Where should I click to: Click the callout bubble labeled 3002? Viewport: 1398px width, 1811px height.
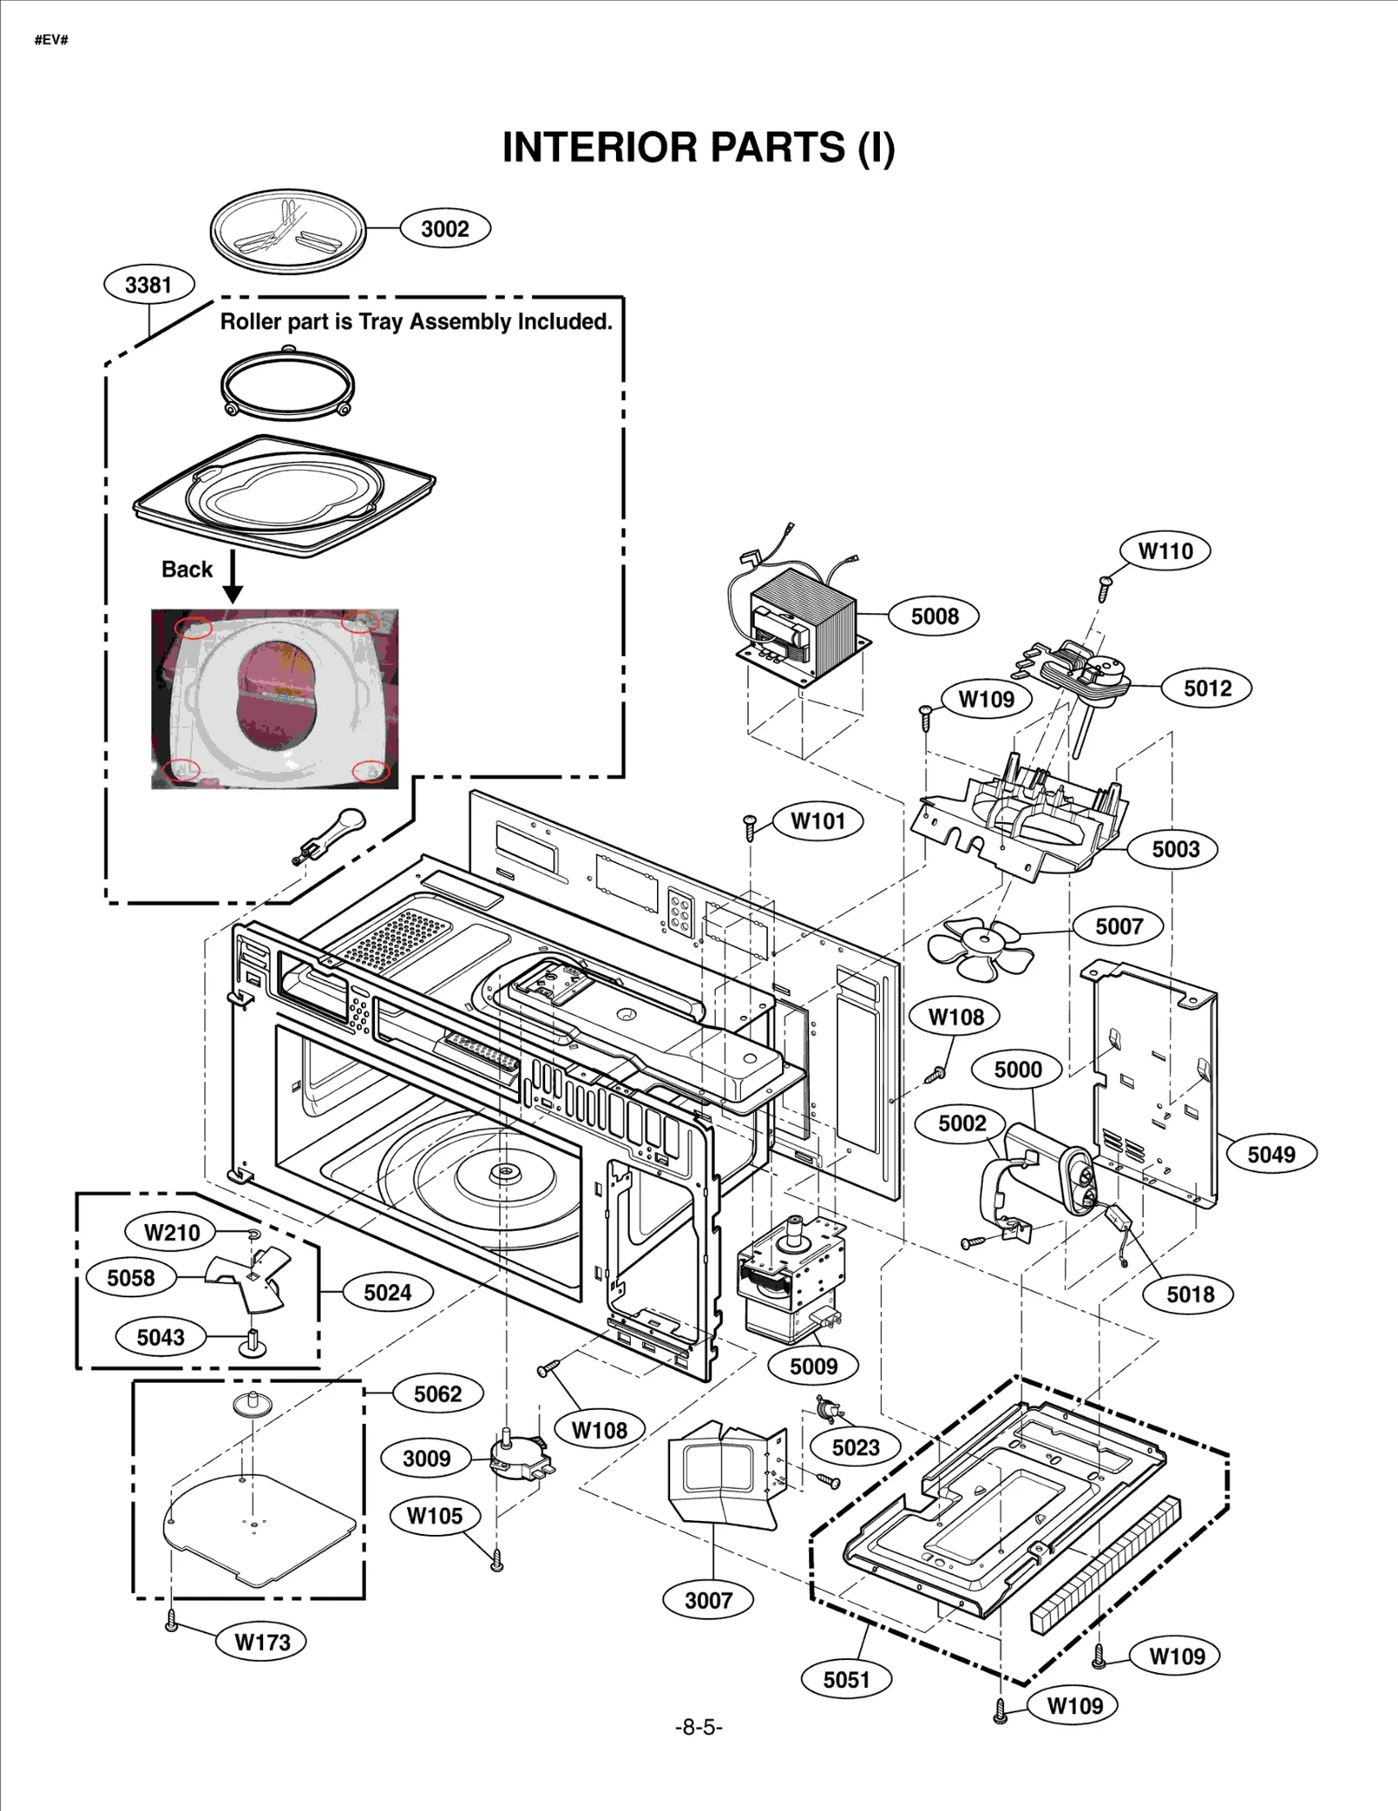(x=445, y=229)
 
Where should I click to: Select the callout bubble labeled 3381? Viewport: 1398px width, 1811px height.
(x=149, y=285)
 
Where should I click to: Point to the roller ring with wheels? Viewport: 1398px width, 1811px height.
(x=287, y=384)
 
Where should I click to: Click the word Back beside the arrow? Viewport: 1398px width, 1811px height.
(x=187, y=570)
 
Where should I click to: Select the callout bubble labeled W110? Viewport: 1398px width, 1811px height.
(x=1166, y=551)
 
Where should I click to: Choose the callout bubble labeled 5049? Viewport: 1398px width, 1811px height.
(x=1270, y=1154)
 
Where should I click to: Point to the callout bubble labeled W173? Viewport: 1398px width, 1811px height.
(x=262, y=1642)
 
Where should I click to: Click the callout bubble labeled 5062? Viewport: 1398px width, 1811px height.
(x=437, y=1393)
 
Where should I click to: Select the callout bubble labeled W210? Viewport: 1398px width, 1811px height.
(x=172, y=1233)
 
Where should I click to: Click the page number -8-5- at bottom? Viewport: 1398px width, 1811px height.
(x=698, y=1727)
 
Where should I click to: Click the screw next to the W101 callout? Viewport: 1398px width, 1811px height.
(x=749, y=826)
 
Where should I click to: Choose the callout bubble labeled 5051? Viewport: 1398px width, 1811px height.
(x=846, y=1679)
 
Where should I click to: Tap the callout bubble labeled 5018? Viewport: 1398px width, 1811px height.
(x=1190, y=1294)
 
